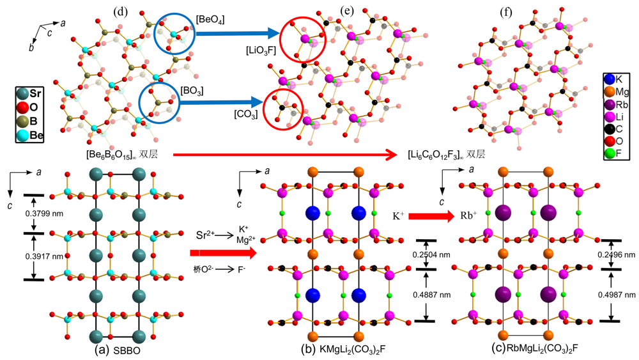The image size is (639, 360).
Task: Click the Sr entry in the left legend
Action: coord(35,93)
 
